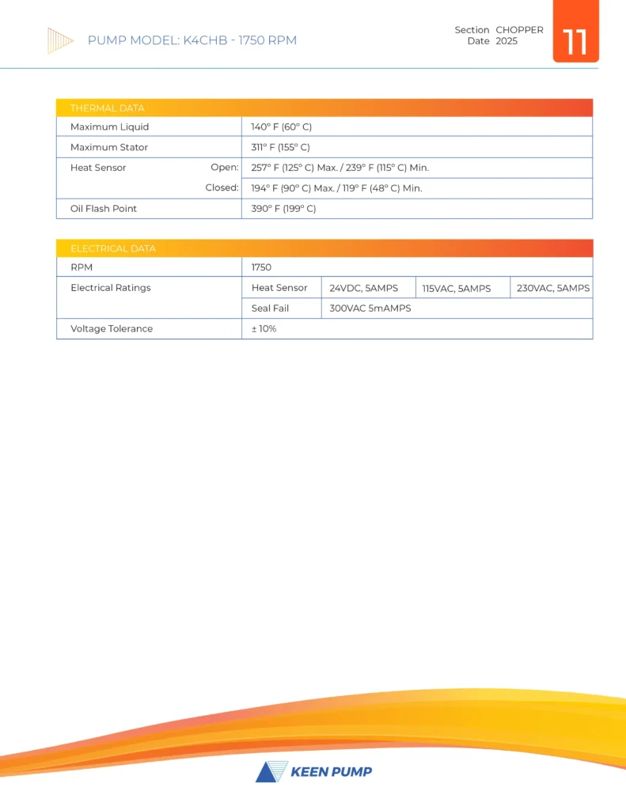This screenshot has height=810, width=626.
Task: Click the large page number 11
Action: pyautogui.click(x=575, y=41)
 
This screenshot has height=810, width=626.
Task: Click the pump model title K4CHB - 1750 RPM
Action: pyautogui.click(x=192, y=40)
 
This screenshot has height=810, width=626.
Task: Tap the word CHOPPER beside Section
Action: pyautogui.click(x=519, y=30)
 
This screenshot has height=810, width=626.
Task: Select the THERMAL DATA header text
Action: pyautogui.click(x=107, y=108)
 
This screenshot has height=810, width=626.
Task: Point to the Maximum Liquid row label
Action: pyautogui.click(x=109, y=127)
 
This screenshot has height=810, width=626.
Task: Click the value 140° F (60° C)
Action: pyautogui.click(x=282, y=127)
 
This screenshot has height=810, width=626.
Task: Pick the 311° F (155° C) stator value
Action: pyautogui.click(x=280, y=147)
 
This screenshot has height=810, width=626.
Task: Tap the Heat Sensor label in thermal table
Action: pyautogui.click(x=98, y=168)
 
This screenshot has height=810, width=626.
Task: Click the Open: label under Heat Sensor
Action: pyautogui.click(x=224, y=168)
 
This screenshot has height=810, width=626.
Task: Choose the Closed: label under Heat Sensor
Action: pyautogui.click(x=222, y=188)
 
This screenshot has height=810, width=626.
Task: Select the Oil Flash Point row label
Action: pyautogui.click(x=104, y=209)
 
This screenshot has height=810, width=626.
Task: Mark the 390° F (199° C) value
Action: pyautogui.click(x=283, y=209)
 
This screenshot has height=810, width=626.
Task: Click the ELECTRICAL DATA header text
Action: pyautogui.click(x=113, y=248)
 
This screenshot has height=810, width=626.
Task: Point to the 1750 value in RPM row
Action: pyautogui.click(x=261, y=267)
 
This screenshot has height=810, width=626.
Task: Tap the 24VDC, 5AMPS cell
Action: pyautogui.click(x=363, y=289)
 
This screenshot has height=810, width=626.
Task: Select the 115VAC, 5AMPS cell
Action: pyautogui.click(x=457, y=289)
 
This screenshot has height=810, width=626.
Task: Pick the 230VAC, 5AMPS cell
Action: pyautogui.click(x=552, y=289)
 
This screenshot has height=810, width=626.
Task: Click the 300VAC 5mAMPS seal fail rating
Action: pyautogui.click(x=370, y=308)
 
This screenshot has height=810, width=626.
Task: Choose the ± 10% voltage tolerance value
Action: pyautogui.click(x=264, y=328)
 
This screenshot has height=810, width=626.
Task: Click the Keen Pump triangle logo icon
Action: pyautogui.click(x=269, y=771)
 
